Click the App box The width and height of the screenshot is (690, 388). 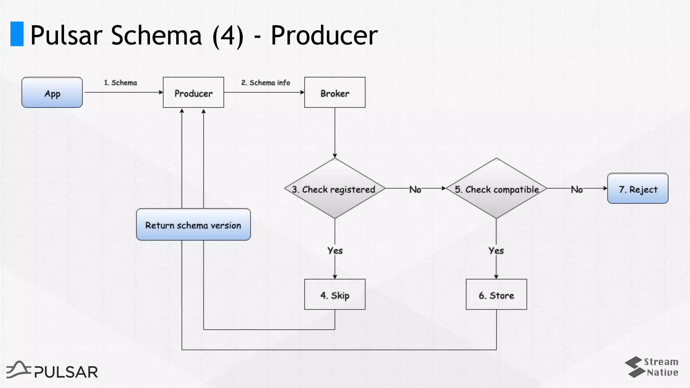tap(52, 93)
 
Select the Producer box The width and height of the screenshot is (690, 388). tap(193, 93)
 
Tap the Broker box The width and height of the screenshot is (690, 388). tap(335, 93)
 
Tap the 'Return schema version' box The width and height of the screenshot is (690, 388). tap(193, 225)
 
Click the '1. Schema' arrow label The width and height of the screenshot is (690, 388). tap(120, 83)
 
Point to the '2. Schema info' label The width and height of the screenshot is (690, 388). tap(265, 83)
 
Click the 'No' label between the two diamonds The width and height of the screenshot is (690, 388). tap(415, 190)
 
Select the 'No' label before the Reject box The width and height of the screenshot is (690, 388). tap(577, 190)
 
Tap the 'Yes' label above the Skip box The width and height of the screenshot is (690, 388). tap(335, 251)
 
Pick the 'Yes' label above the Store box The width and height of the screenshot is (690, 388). tap(496, 251)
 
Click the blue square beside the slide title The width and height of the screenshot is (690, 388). tap(17, 34)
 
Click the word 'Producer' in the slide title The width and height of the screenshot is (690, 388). tap(324, 36)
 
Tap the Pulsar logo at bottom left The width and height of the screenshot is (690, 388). tap(52, 370)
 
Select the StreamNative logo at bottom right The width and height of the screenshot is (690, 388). tap(652, 367)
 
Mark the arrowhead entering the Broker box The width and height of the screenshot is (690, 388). tap(302, 92)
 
